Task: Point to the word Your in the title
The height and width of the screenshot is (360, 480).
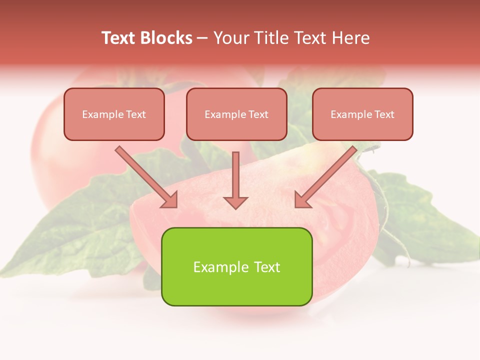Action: pyautogui.click(x=230, y=38)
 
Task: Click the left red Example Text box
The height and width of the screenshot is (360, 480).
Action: pyautogui.click(x=114, y=114)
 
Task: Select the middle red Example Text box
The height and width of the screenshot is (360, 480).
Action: pyautogui.click(x=236, y=114)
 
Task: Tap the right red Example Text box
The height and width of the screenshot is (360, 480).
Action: pyautogui.click(x=362, y=114)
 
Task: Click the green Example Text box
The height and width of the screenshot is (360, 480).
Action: pyautogui.click(x=236, y=266)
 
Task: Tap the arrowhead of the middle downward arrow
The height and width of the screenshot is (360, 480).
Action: pyautogui.click(x=235, y=202)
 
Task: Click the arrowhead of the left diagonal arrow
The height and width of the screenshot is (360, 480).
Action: pyautogui.click(x=170, y=200)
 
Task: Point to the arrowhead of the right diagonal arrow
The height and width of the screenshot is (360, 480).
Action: pyautogui.click(x=301, y=200)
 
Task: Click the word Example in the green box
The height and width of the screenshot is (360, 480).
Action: pyautogui.click(x=217, y=267)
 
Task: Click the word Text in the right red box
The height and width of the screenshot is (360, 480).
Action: pyautogui.click(x=384, y=114)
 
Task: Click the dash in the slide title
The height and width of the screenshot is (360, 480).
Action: pyautogui.click(x=202, y=38)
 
